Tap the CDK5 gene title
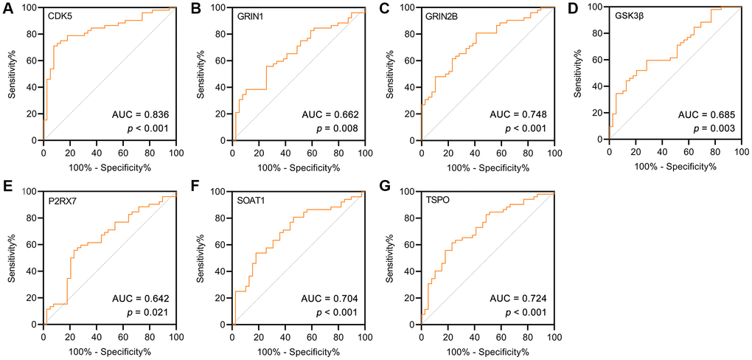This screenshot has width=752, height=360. point(60,14)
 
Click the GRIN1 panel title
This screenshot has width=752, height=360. point(251,14)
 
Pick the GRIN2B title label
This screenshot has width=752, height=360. point(443,14)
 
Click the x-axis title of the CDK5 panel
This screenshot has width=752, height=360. point(109,167)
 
